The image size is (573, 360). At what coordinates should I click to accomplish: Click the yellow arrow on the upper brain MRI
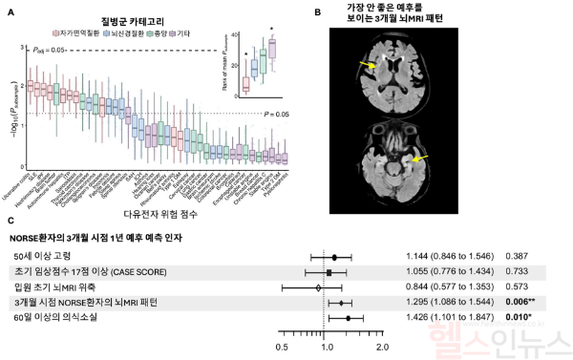(366, 65)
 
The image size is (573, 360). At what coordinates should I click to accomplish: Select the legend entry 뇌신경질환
(139, 32)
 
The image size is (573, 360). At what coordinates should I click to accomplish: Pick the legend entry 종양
(177, 32)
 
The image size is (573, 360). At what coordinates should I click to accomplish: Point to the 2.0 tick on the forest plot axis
(382, 348)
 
